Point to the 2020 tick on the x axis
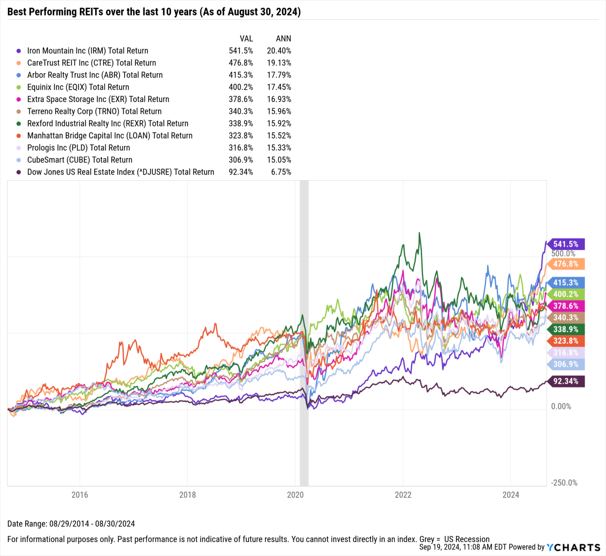click(295, 495)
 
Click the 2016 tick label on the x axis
click(80, 495)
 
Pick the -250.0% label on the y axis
click(564, 483)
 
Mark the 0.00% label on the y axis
click(561, 406)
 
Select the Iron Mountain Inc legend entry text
click(88, 51)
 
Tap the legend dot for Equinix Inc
click(19, 87)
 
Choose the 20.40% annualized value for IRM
click(279, 51)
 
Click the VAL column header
click(246, 39)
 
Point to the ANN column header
click(283, 39)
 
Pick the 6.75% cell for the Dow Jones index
click(281, 172)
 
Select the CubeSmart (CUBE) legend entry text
click(80, 160)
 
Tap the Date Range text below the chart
click(71, 524)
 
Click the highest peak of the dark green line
click(419, 233)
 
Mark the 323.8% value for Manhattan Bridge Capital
click(241, 136)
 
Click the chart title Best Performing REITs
click(154, 12)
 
